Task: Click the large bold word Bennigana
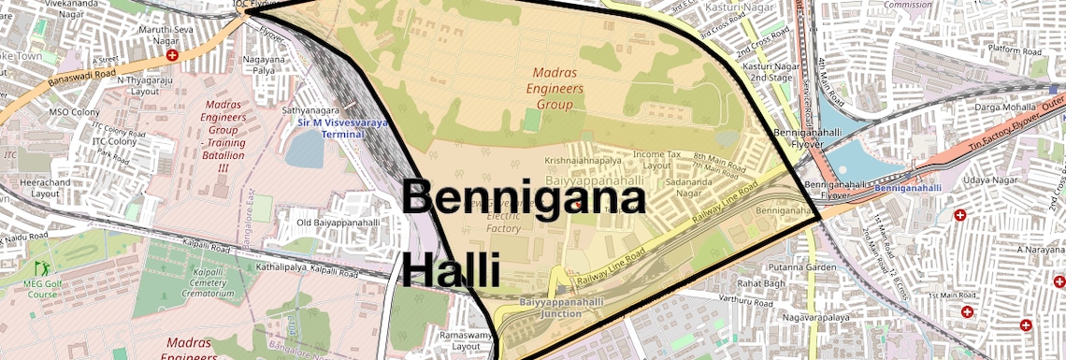pos(524,199)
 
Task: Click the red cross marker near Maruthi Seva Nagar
pos(172,55)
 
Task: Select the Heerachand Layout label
pos(52,187)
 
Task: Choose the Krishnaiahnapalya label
pos(584,160)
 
